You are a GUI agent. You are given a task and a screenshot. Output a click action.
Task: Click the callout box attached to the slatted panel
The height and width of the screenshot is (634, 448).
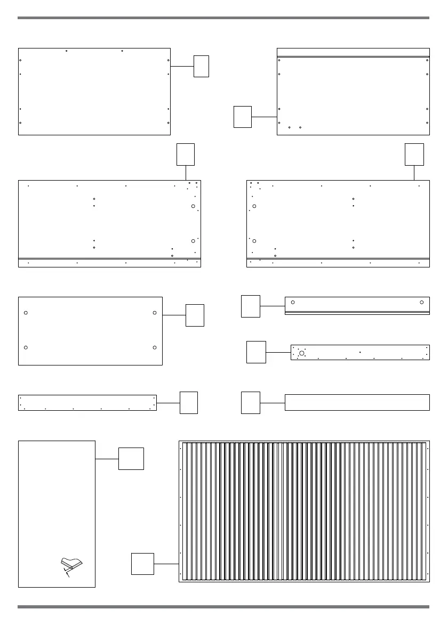(x=143, y=564)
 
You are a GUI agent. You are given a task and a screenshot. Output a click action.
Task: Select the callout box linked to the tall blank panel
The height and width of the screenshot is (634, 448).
(x=131, y=459)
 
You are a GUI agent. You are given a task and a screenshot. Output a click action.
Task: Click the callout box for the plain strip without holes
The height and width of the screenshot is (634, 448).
(x=251, y=403)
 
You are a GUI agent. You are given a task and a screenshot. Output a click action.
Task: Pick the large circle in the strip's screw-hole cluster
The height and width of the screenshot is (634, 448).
(x=302, y=353)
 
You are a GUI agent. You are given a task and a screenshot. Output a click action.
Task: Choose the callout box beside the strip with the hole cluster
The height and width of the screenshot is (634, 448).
(x=256, y=352)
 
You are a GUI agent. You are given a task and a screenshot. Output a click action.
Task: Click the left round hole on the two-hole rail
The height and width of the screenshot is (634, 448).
(x=293, y=303)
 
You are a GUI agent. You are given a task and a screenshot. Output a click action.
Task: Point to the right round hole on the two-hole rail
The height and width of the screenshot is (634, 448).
(x=422, y=303)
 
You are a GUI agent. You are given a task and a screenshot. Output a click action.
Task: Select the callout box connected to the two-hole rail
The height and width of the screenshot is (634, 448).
(x=251, y=306)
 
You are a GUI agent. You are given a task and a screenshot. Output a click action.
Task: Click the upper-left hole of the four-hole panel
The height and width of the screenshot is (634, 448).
(x=26, y=312)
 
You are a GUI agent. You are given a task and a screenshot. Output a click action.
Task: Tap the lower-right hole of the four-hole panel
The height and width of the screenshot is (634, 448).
(x=154, y=347)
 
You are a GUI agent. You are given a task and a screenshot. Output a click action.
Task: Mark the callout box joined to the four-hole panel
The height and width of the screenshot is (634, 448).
(x=195, y=315)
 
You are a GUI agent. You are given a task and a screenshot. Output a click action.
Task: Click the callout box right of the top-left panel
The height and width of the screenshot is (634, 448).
(x=201, y=66)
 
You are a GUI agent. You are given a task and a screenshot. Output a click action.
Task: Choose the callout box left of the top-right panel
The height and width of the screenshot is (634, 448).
(x=242, y=117)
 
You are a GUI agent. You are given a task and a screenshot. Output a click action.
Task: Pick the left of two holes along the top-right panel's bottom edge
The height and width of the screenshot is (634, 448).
(x=289, y=128)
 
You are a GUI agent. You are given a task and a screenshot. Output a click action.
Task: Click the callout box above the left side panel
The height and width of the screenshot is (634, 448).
(x=186, y=154)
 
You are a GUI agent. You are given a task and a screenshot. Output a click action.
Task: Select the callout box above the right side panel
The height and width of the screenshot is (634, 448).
(x=414, y=154)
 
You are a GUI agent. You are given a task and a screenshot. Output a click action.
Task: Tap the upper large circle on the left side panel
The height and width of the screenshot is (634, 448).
(x=193, y=206)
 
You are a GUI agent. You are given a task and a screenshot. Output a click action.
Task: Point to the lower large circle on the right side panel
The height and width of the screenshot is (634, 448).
(x=254, y=241)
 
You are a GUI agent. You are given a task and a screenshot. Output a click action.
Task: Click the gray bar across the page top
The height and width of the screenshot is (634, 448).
(x=223, y=18)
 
